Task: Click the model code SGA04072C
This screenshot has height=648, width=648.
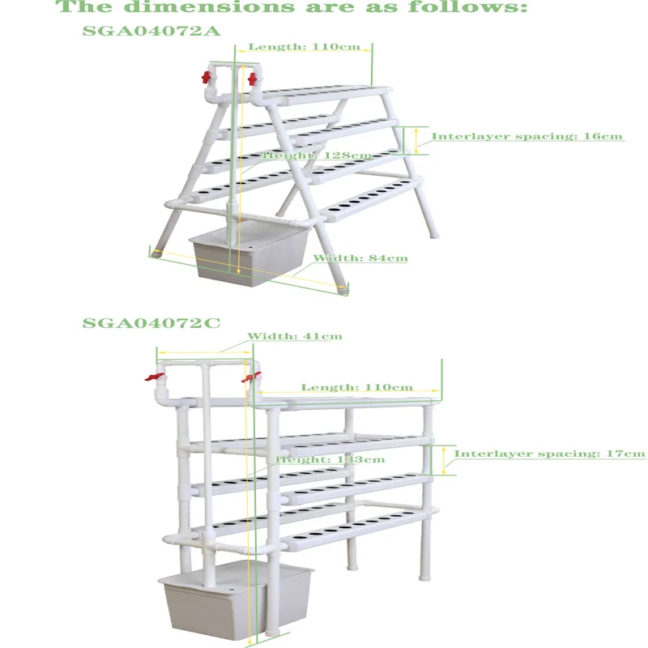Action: coord(151,322)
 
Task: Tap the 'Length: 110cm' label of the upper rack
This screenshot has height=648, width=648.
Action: coord(304,47)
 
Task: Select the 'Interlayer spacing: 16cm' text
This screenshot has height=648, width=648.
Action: coord(526,136)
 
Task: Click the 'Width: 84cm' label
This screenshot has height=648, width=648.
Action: coord(360,258)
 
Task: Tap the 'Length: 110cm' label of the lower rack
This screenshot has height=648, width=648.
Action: coord(357,387)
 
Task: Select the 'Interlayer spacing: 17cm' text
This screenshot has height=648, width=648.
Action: coord(549,454)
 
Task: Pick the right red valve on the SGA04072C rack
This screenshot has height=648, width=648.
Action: coord(252,376)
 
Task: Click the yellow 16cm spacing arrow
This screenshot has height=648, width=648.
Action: coord(417,140)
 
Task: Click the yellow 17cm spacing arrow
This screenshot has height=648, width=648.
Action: coord(444,459)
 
